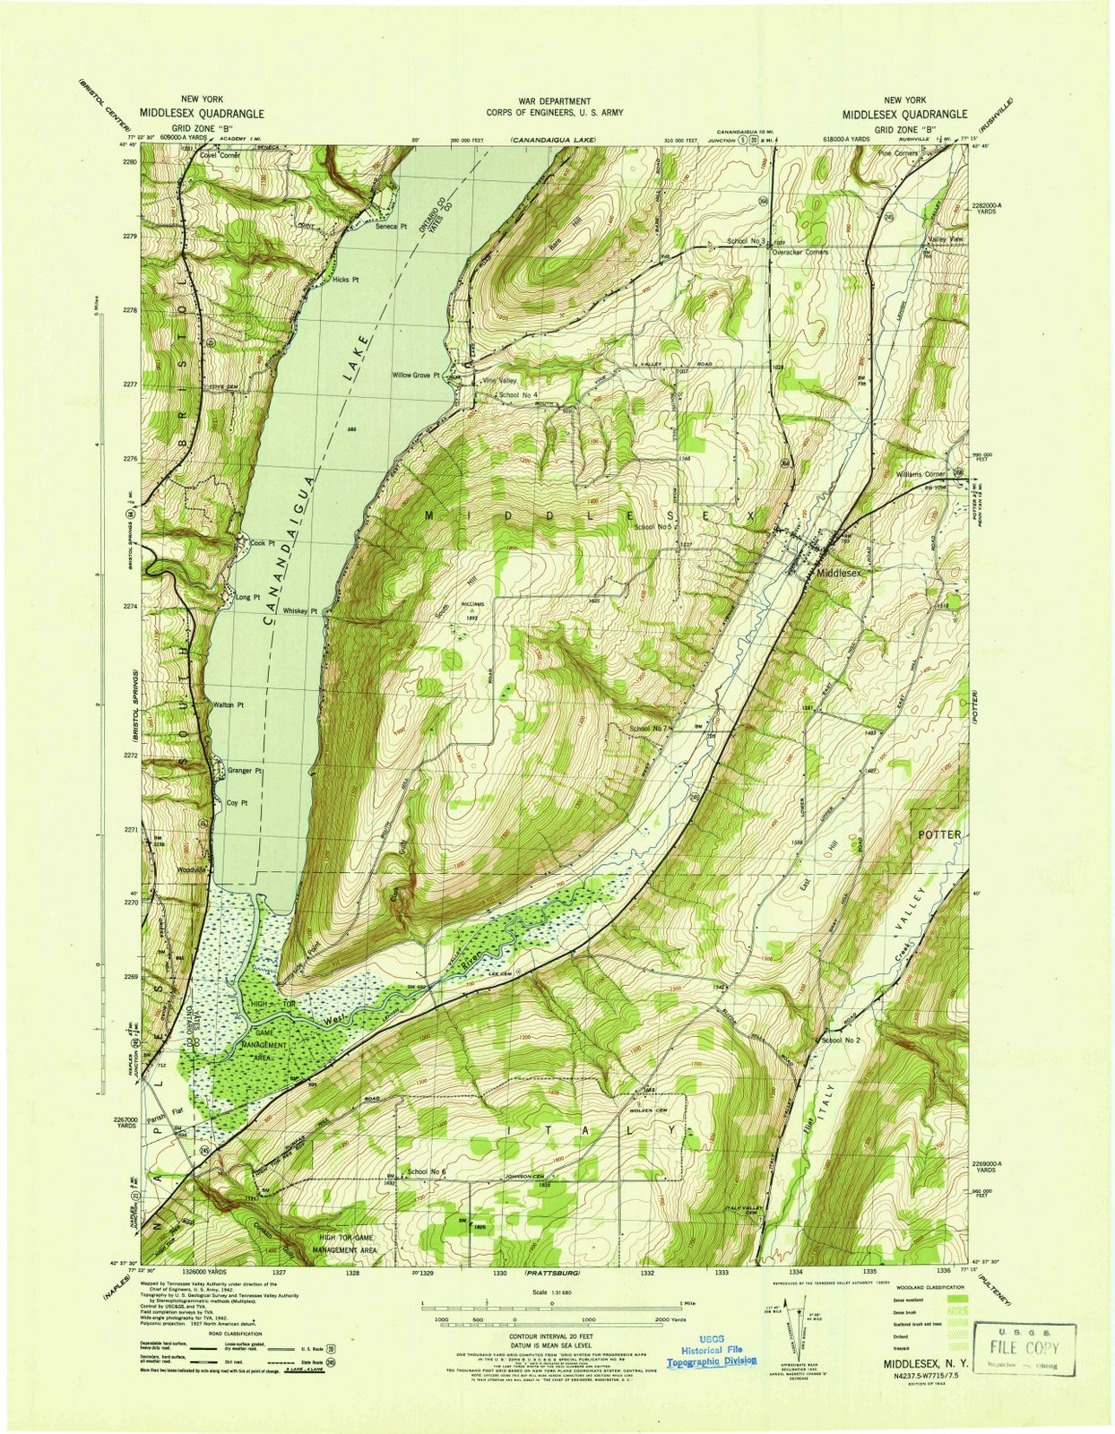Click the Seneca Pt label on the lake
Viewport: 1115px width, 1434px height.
391,226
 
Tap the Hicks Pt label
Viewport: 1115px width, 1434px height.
345,280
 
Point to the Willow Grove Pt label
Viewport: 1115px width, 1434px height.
416,376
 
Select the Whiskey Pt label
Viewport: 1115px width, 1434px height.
300,611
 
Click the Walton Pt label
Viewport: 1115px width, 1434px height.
229,705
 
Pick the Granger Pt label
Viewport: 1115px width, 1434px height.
245,771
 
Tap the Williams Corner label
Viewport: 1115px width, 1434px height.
921,474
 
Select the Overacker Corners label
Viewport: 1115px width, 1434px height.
800,252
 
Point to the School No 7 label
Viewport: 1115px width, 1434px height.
649,729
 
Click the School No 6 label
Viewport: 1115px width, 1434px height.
426,1172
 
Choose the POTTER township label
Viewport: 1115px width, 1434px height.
939,834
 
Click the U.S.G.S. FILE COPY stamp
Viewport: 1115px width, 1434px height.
1023,1347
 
